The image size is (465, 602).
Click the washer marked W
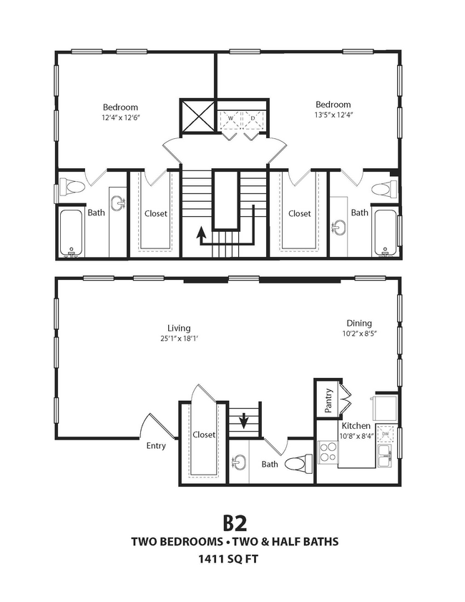click(x=230, y=119)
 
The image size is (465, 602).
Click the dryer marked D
click(x=253, y=119)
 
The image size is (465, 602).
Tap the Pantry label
click(x=328, y=400)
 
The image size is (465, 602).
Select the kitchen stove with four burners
click(x=328, y=452)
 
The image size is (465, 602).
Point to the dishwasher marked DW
click(x=386, y=434)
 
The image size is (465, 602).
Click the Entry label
click(x=156, y=446)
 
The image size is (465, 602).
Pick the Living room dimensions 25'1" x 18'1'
click(x=179, y=339)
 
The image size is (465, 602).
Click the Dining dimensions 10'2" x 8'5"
click(x=359, y=334)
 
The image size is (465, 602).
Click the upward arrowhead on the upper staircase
click(x=200, y=231)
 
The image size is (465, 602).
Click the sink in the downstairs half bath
click(x=239, y=462)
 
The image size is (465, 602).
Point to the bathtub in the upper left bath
click(x=72, y=233)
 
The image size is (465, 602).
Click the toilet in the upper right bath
click(x=385, y=189)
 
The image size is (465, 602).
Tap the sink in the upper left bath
click(x=118, y=203)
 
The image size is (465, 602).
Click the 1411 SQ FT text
click(x=228, y=559)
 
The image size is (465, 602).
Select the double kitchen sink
click(x=385, y=456)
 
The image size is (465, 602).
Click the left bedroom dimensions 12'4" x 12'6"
click(x=120, y=118)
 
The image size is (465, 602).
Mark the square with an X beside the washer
click(x=199, y=116)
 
